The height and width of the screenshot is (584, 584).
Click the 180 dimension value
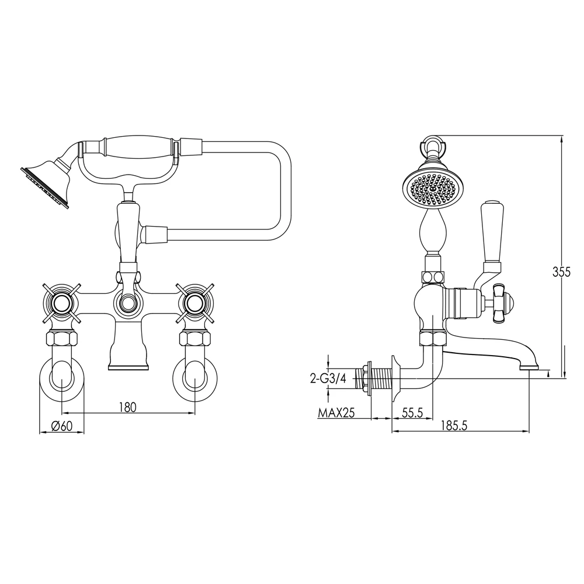coord(128,407)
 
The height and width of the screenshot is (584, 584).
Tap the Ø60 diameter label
coord(62,426)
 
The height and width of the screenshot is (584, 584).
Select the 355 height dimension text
coord(561,272)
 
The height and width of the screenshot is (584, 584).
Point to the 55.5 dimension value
coord(412,413)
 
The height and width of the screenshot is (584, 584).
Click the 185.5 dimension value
coord(453,425)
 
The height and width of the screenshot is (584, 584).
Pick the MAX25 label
coord(336,413)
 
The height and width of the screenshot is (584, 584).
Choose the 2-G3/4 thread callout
coord(328,379)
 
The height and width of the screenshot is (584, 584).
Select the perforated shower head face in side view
coord(432,189)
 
